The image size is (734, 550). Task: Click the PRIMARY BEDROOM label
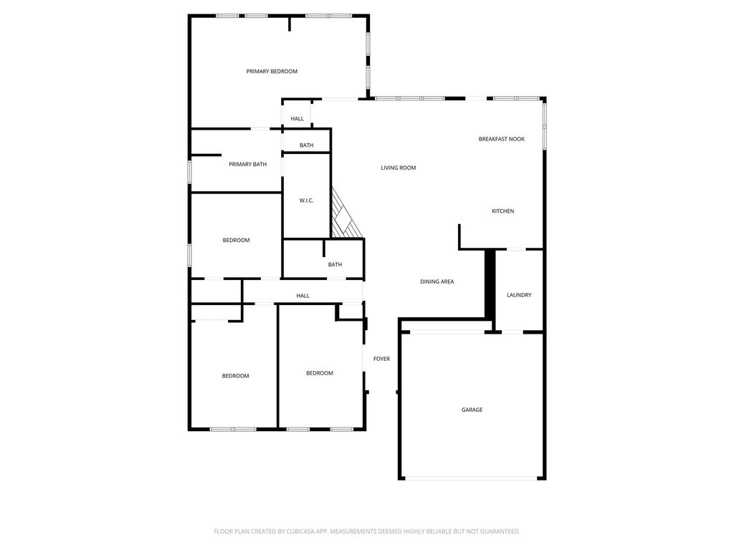click(x=272, y=72)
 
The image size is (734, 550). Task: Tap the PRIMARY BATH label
click(x=247, y=164)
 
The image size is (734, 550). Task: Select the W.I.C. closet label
click(x=306, y=201)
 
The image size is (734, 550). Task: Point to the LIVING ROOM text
click(x=399, y=168)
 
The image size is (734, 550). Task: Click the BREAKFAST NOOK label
click(x=501, y=139)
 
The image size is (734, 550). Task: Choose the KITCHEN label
click(x=502, y=211)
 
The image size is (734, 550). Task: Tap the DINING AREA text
click(x=437, y=281)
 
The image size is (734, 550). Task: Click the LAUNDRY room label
click(x=519, y=295)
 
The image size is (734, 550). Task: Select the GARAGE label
click(x=472, y=410)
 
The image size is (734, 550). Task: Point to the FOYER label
click(x=381, y=359)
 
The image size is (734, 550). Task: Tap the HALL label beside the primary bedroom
click(x=297, y=119)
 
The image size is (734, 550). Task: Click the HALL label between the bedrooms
click(x=303, y=296)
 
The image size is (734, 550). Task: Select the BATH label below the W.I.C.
click(x=335, y=265)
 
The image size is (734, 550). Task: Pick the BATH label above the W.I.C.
click(x=307, y=145)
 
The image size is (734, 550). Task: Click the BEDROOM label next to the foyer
click(x=320, y=373)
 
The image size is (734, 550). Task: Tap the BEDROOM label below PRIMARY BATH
click(x=236, y=241)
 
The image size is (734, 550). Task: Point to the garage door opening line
click(x=472, y=478)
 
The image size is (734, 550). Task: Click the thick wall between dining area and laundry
click(x=490, y=284)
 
